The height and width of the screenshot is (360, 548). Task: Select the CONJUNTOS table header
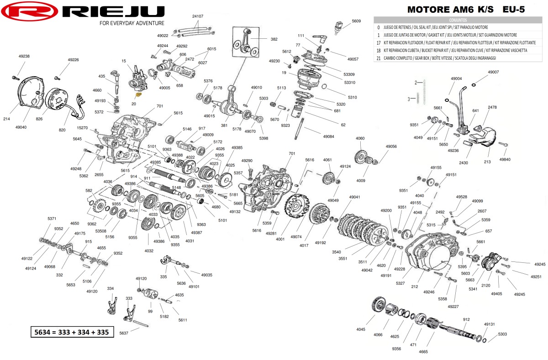tap(458, 21)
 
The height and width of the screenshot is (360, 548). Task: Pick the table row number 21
tap(379, 58)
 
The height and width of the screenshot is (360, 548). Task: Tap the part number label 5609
tap(356, 21)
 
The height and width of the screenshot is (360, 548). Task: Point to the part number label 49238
tap(24, 56)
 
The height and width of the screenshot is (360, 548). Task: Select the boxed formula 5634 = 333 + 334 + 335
tap(72, 332)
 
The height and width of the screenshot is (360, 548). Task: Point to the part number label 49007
tap(493, 72)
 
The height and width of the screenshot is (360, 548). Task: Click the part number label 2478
tap(492, 107)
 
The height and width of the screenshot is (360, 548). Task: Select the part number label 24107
tap(198, 16)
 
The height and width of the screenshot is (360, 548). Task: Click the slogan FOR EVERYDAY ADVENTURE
tap(132, 23)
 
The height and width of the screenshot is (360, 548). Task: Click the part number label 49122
tap(27, 259)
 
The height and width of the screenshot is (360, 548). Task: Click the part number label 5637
tap(124, 334)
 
